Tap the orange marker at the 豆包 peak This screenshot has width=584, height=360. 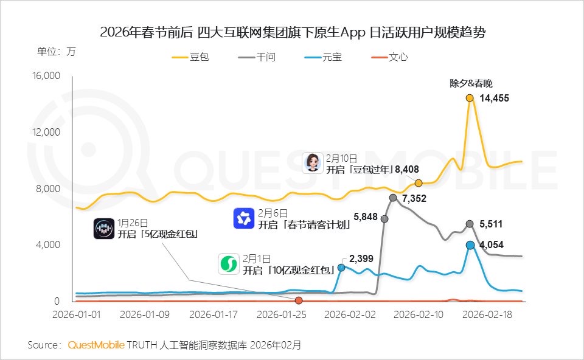coord(470,98)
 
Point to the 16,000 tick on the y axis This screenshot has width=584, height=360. coord(46,76)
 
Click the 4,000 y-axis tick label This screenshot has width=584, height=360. coord(48,245)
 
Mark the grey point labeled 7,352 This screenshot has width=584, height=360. coord(393,198)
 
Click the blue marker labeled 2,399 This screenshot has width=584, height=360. coord(341,268)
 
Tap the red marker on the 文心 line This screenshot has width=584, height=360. coord(299,300)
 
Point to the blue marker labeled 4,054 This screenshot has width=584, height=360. coord(470,245)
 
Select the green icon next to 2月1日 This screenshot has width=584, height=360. coord(229,264)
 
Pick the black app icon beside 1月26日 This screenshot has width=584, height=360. coord(104,229)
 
